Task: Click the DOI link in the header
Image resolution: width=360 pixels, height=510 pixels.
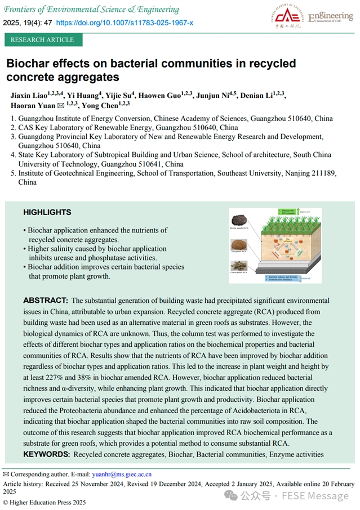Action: coord(125,23)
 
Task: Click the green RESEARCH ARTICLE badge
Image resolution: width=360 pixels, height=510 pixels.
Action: coord(42,40)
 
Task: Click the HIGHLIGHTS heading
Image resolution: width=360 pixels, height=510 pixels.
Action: coord(47,212)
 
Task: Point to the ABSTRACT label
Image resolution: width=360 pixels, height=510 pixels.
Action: coord(46,301)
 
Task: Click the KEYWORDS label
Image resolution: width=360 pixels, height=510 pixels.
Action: coord(46,454)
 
